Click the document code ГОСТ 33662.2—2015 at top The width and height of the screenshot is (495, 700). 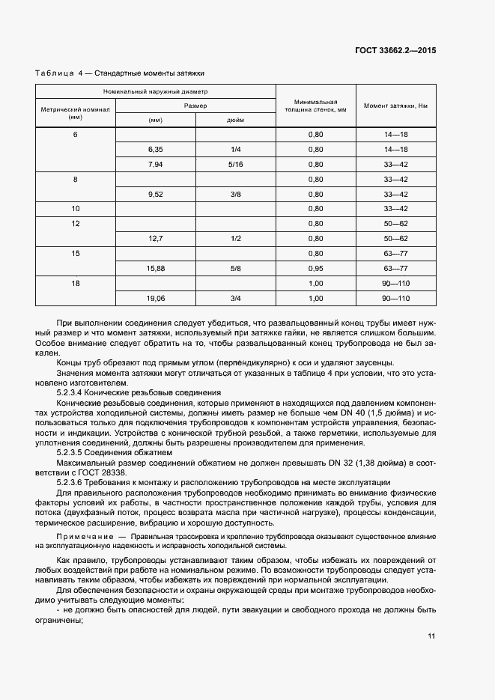(x=395, y=50)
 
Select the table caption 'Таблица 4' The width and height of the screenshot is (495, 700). (x=59, y=73)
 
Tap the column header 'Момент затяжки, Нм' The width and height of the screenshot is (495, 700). (x=395, y=106)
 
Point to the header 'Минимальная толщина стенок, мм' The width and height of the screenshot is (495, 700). (x=315, y=106)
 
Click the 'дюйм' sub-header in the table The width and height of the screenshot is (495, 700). (x=234, y=121)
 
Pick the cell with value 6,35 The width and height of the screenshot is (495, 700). (x=156, y=149)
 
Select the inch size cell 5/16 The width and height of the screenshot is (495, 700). (x=235, y=164)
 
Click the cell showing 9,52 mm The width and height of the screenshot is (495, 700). (x=156, y=194)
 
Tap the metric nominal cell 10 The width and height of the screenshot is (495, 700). (x=75, y=209)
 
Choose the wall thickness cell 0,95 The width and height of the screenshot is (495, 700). (x=315, y=268)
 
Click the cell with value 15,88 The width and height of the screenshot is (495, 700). (x=156, y=268)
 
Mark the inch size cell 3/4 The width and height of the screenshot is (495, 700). (x=235, y=298)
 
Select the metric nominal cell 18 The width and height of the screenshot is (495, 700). (x=75, y=283)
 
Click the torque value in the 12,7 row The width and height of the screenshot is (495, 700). (x=395, y=238)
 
